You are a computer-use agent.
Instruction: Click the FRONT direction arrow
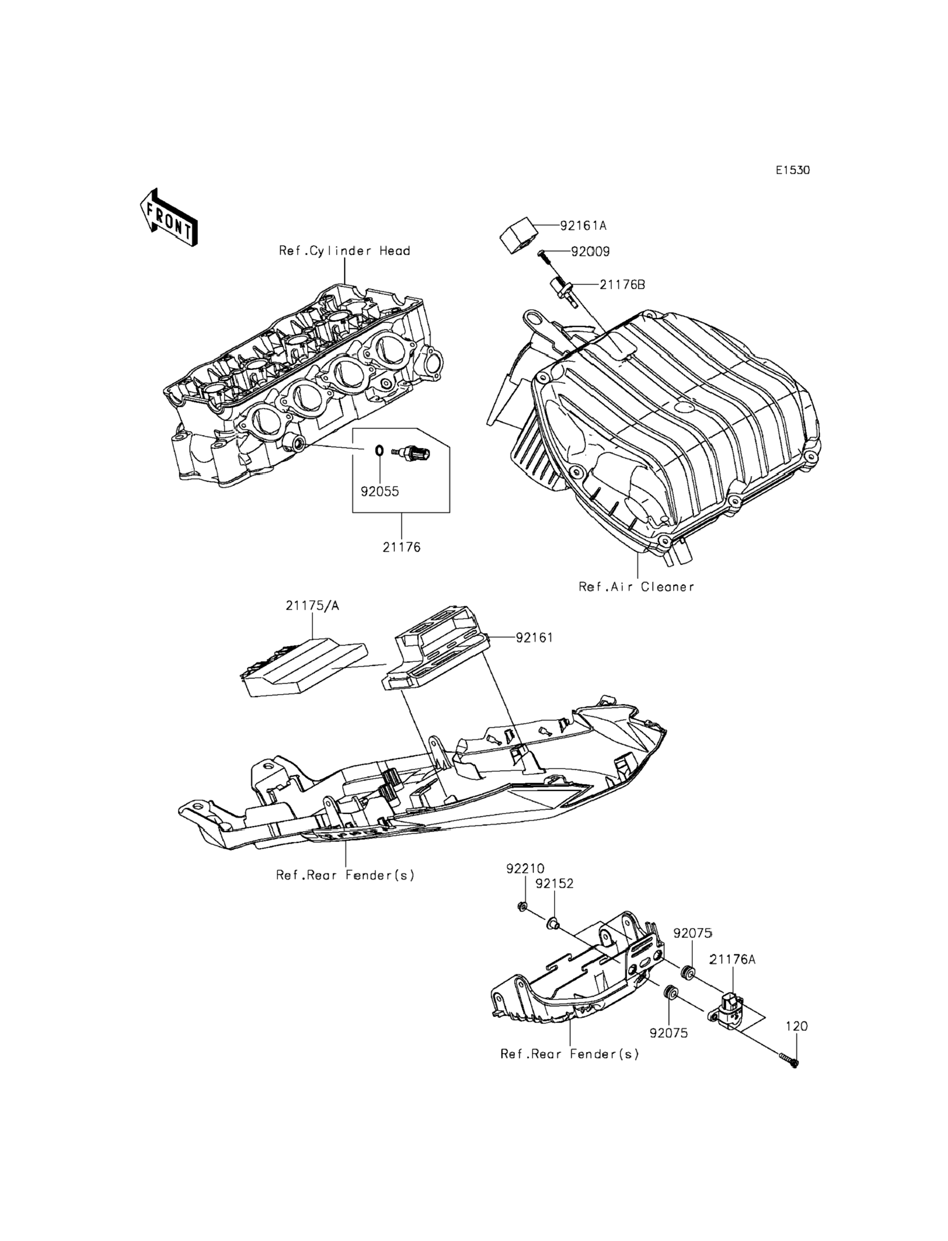[x=168, y=217]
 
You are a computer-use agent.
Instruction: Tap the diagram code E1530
[x=792, y=170]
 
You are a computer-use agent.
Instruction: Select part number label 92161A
[x=583, y=226]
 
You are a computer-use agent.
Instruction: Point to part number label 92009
[x=590, y=252]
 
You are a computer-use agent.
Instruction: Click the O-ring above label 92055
[x=380, y=450]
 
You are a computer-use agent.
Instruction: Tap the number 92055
[x=380, y=491]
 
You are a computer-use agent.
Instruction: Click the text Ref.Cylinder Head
[x=344, y=251]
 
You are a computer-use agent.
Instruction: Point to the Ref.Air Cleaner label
[x=636, y=586]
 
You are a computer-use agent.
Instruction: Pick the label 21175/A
[x=313, y=606]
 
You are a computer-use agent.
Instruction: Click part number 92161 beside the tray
[x=534, y=637]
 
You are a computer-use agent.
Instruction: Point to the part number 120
[x=797, y=1026]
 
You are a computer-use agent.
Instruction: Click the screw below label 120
[x=789, y=1061]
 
